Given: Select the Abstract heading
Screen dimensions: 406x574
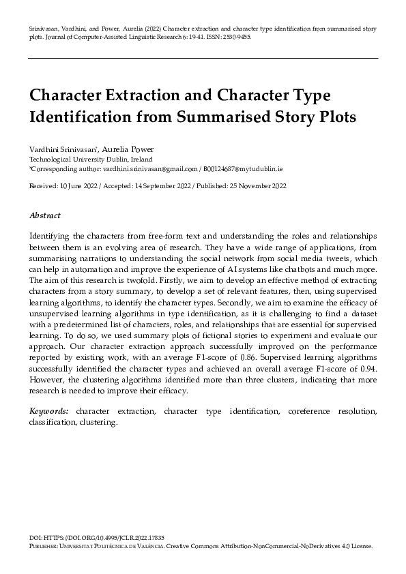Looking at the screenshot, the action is (45, 215).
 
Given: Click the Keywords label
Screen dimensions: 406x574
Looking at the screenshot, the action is (48, 412).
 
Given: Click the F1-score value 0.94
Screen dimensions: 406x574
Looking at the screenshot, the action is (368, 368).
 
